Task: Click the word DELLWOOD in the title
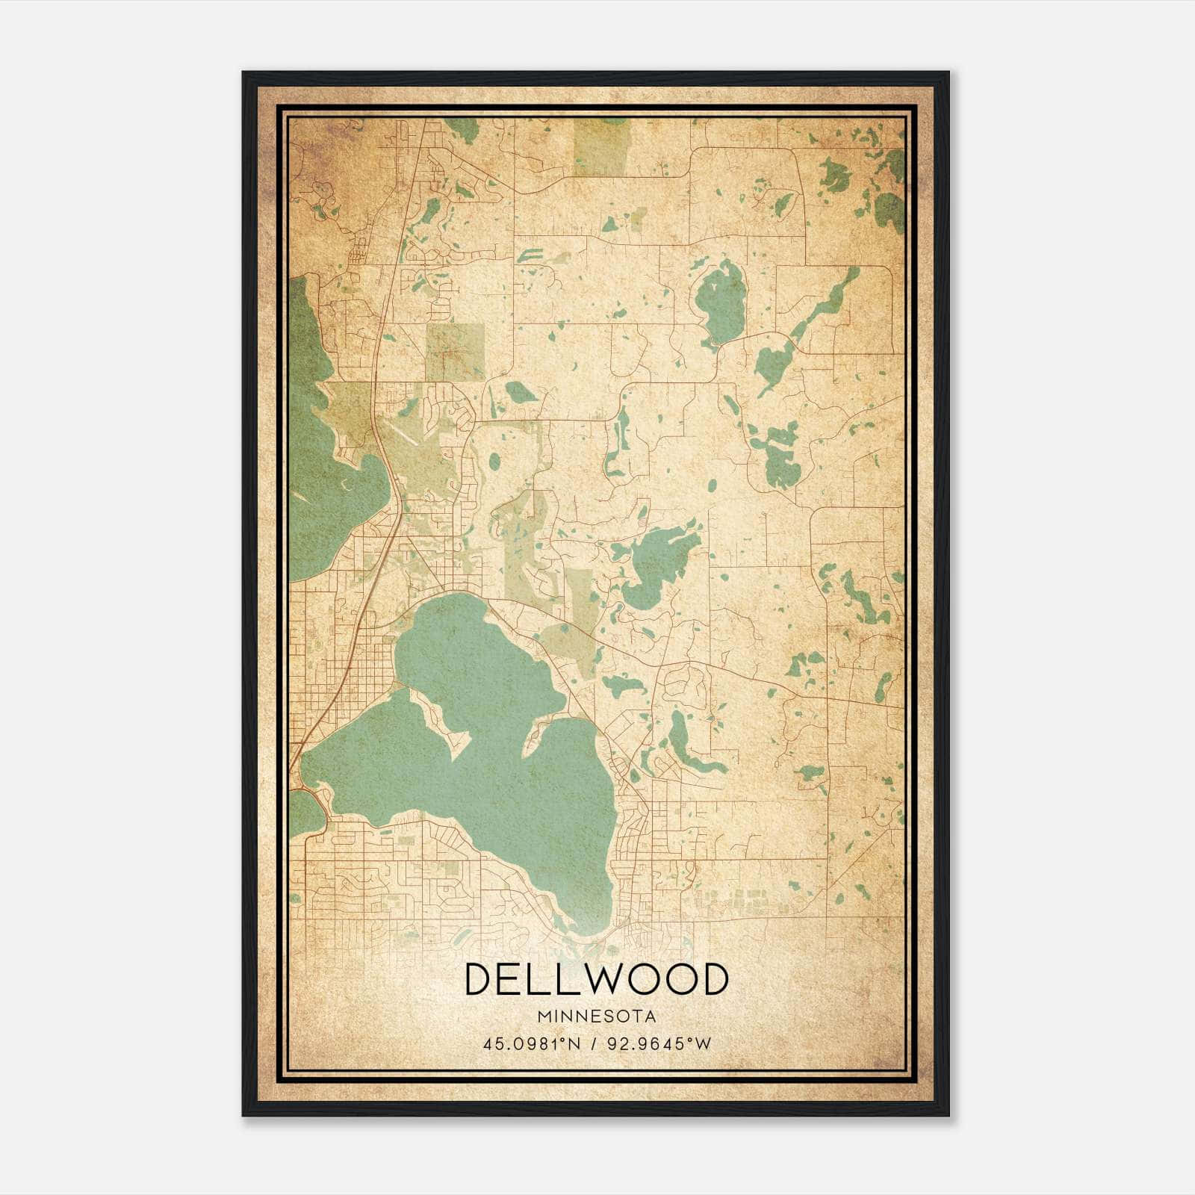(x=596, y=979)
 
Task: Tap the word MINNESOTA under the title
(x=596, y=1016)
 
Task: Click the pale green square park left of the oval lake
(x=454, y=352)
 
